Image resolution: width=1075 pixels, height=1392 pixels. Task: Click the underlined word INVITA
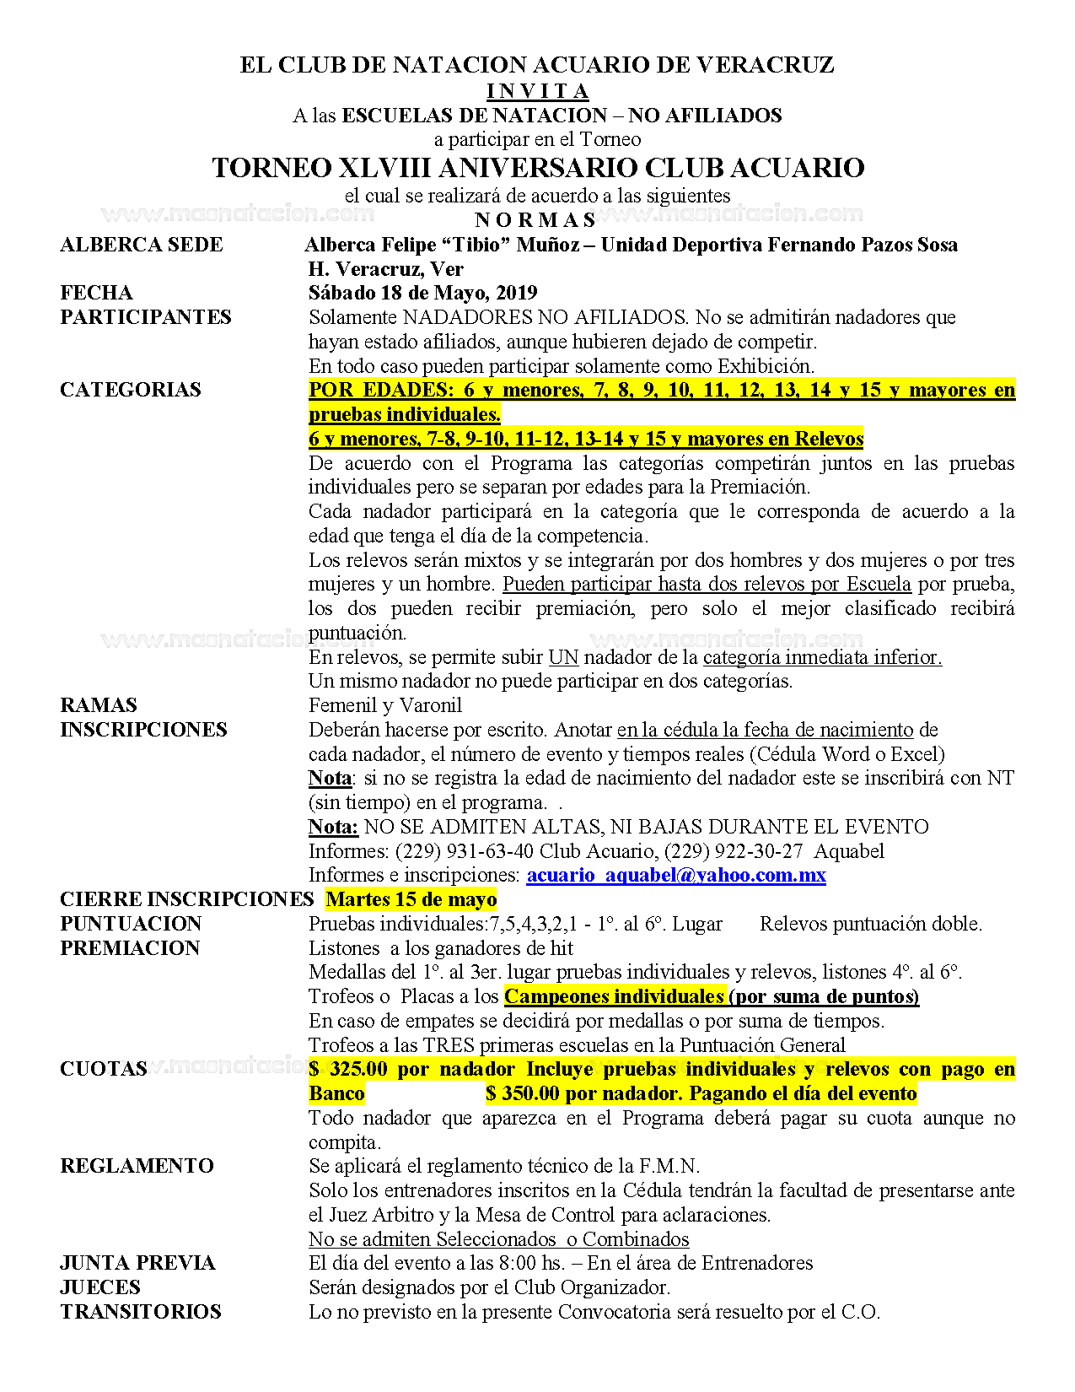(538, 91)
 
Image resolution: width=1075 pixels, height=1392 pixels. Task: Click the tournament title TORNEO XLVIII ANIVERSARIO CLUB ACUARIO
(538, 167)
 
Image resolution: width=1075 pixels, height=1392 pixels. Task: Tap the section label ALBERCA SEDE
(142, 245)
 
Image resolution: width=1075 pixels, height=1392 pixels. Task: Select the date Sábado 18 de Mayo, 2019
(423, 293)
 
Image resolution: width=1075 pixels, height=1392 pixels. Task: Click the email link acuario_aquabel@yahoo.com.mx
(676, 875)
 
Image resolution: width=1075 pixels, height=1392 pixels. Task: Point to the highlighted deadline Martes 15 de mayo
(411, 899)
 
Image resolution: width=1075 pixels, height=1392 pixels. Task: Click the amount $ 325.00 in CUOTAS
(348, 1069)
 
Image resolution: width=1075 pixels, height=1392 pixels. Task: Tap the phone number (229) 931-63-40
(464, 850)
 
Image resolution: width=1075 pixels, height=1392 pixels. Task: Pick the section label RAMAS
(99, 705)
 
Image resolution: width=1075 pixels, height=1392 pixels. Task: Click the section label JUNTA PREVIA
(137, 1263)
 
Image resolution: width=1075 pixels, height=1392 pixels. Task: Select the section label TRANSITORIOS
(141, 1312)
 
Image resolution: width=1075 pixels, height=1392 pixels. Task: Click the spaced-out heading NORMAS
(536, 220)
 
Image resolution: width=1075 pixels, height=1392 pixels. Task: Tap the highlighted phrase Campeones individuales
(614, 996)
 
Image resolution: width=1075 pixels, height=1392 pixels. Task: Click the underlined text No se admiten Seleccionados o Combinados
(499, 1239)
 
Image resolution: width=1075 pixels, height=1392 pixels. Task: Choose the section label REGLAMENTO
(137, 1166)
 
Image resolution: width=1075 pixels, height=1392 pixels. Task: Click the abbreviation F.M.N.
(669, 1166)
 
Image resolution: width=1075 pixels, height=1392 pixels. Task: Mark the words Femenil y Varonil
(385, 705)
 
